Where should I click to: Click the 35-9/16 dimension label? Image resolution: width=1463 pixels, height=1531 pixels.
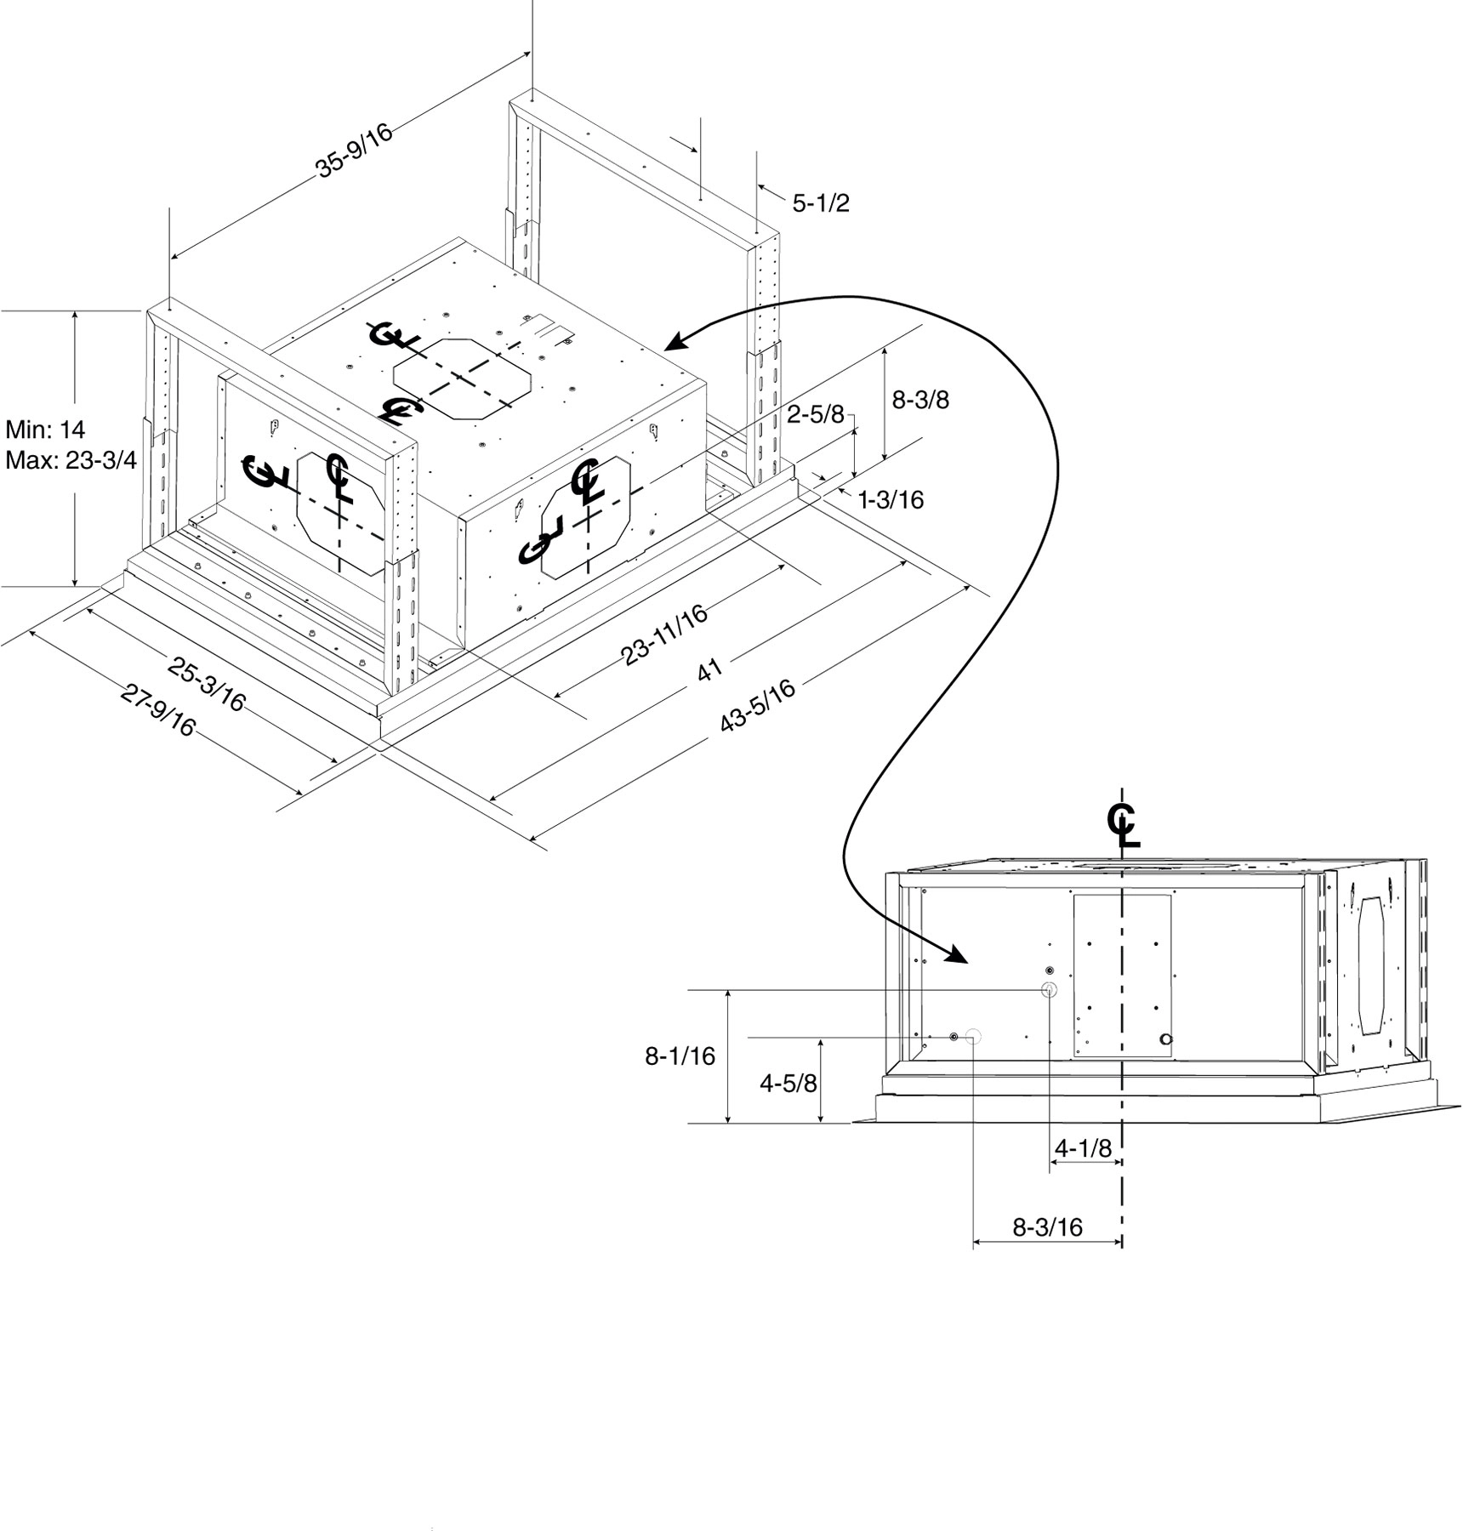pyautogui.click(x=355, y=151)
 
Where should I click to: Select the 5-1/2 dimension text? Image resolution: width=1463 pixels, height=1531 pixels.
pyautogui.click(x=821, y=203)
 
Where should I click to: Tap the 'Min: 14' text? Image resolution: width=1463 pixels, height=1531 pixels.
pyautogui.click(x=45, y=429)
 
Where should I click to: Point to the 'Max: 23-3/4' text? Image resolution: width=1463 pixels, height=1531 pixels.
pyautogui.click(x=71, y=460)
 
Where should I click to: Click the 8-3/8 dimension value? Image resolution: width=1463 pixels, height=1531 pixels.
pyautogui.click(x=920, y=399)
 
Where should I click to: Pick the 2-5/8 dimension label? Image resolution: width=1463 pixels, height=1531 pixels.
pyautogui.click(x=815, y=414)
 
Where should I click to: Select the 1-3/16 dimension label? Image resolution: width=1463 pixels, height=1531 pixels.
pyautogui.click(x=891, y=499)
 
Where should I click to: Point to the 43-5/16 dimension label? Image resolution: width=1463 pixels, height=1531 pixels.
pyautogui.click(x=758, y=705)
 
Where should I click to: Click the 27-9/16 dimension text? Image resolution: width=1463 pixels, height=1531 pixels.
pyautogui.click(x=158, y=711)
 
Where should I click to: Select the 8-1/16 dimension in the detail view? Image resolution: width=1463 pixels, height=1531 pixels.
pyautogui.click(x=680, y=1056)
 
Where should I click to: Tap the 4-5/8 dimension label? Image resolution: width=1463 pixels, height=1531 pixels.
pyautogui.click(x=788, y=1084)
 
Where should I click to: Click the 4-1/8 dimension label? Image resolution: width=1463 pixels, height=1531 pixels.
pyautogui.click(x=1083, y=1148)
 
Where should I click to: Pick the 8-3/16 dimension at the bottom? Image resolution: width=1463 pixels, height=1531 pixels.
pyautogui.click(x=1047, y=1227)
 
